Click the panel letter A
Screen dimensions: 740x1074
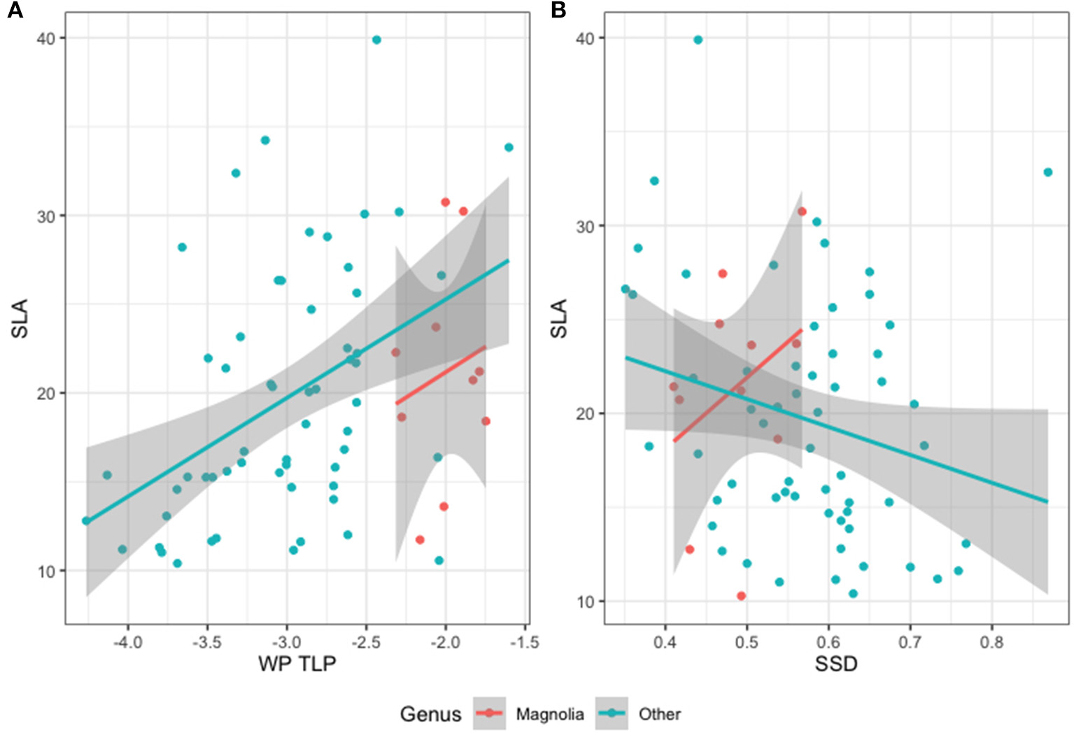15,10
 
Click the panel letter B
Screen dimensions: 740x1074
558,10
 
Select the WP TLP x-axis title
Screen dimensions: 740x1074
297,663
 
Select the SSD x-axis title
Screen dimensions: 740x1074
836,663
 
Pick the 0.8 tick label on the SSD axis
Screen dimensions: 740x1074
991,641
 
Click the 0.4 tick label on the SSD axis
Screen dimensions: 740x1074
665,641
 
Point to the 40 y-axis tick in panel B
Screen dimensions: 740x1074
584,38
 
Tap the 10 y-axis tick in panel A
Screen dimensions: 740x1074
45,571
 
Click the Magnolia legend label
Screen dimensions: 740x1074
550,714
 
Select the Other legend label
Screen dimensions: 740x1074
659,714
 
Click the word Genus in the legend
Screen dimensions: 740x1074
430,714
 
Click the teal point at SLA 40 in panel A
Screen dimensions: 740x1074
376,40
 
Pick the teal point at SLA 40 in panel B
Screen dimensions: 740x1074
698,40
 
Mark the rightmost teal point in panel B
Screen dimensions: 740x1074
1047,172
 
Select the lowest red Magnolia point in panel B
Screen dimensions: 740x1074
741,596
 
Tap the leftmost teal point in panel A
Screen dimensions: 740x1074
86,520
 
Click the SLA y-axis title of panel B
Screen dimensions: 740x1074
558,318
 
